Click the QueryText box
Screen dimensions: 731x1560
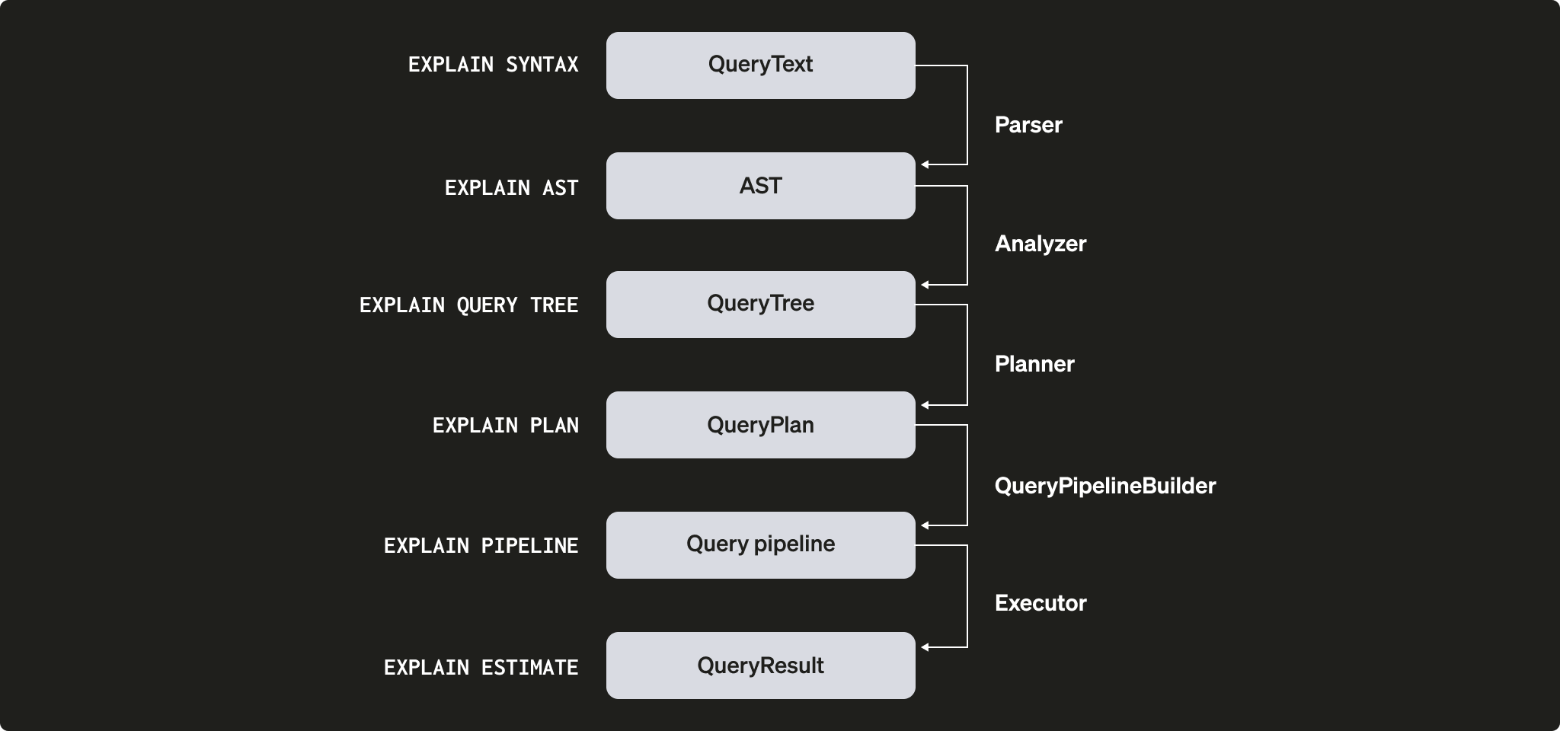(760, 65)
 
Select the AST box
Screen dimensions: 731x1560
(760, 186)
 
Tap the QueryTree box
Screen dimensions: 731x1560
(760, 305)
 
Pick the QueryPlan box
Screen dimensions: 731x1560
(760, 425)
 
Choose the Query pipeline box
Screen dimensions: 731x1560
(760, 545)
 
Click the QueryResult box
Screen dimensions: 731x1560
(760, 666)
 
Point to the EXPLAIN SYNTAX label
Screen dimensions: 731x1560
(493, 65)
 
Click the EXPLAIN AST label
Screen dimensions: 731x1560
(511, 188)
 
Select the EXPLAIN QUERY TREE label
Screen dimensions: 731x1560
(468, 305)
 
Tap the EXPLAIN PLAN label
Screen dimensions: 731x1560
(505, 426)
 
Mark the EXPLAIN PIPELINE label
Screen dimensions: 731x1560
(481, 546)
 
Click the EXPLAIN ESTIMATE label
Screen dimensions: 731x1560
(481, 668)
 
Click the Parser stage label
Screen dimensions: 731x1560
(1028, 125)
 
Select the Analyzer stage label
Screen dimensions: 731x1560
(1040, 244)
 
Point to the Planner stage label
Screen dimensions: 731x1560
(1034, 364)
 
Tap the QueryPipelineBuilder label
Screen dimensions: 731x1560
(1104, 486)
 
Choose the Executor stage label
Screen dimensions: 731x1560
(1040, 603)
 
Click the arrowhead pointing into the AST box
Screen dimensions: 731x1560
(925, 164)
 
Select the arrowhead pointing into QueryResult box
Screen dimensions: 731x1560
(925, 647)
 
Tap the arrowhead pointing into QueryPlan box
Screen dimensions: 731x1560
(925, 405)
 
